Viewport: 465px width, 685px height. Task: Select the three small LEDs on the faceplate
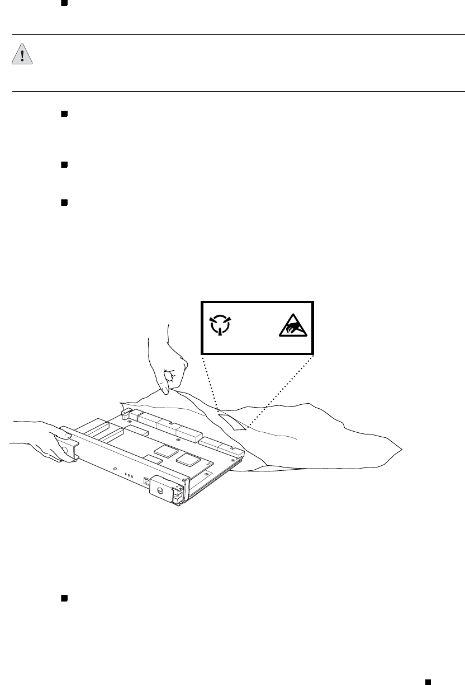(x=128, y=477)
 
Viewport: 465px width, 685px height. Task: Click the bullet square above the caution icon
(x=64, y=4)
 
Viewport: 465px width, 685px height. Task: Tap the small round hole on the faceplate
(x=114, y=469)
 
